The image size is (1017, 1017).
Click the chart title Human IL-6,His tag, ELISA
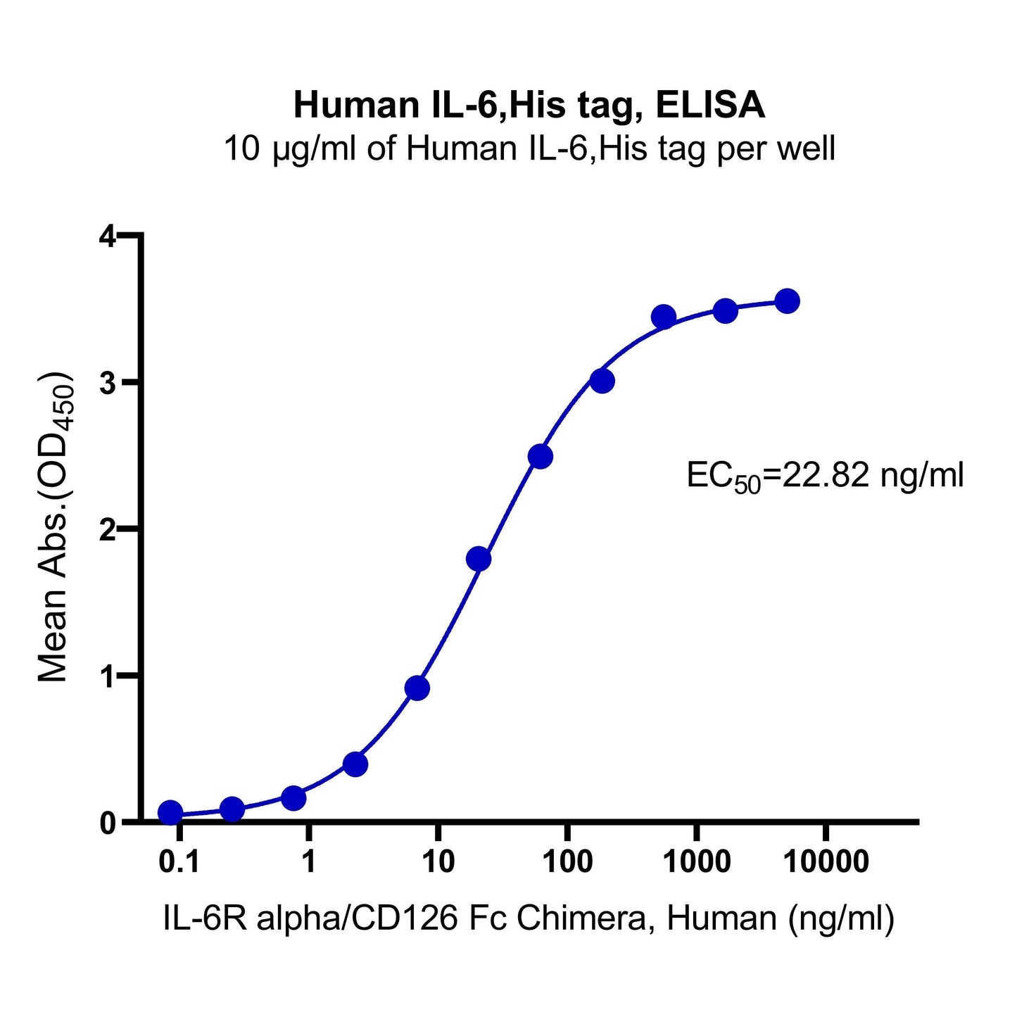coord(529,106)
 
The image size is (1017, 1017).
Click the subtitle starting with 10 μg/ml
coord(529,149)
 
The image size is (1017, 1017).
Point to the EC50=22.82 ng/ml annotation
coord(825,476)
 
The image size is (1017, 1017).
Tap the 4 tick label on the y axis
coord(107,236)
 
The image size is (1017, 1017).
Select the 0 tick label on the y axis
coord(107,822)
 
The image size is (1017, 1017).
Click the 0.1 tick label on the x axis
coord(179,861)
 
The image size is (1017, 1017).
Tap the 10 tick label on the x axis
coord(437,861)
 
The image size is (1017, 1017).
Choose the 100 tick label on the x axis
coord(567,861)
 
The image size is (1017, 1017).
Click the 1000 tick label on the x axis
coord(696,861)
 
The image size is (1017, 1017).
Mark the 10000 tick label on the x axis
coord(826,861)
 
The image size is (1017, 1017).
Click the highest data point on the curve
coord(786,301)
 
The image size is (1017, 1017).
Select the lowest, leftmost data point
coord(170,813)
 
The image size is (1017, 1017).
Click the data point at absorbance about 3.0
coord(602,381)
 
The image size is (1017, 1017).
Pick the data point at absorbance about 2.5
coord(540,457)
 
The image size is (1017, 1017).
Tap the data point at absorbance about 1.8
coord(479,559)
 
